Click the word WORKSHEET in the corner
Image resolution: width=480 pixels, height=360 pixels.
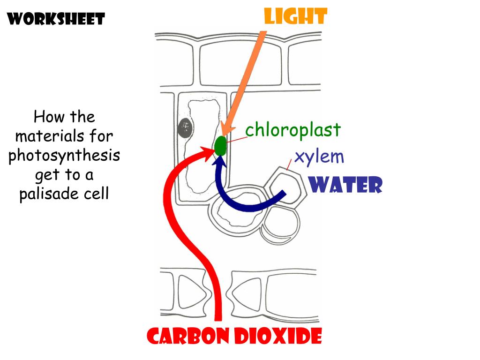pyautogui.click(x=56, y=19)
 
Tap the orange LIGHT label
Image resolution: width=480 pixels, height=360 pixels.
pyautogui.click(x=295, y=17)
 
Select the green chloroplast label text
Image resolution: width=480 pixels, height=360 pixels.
pyautogui.click(x=293, y=130)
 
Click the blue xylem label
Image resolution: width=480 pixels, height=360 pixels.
pyautogui.click(x=319, y=157)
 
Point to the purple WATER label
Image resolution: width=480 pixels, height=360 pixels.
pyautogui.click(x=346, y=185)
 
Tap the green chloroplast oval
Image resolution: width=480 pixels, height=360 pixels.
pyautogui.click(x=220, y=146)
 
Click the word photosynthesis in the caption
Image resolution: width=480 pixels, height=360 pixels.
pyautogui.click(x=64, y=156)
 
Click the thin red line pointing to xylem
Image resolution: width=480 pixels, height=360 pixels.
pyautogui.click(x=290, y=163)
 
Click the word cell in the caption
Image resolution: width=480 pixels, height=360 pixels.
pyautogui.click(x=97, y=194)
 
